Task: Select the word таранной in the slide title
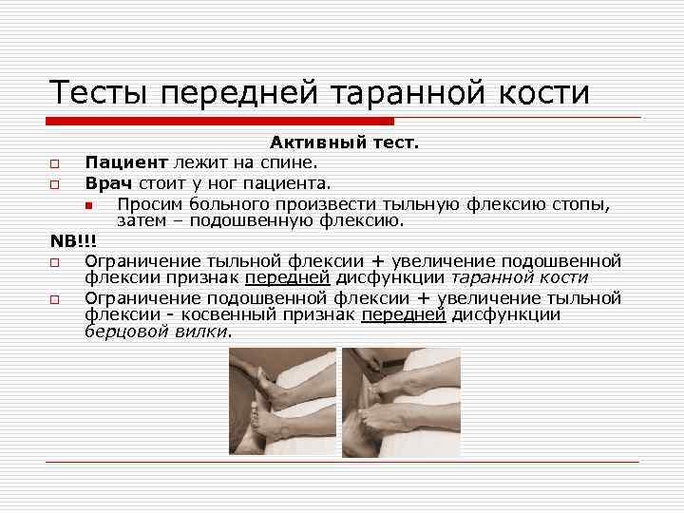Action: coord(398,93)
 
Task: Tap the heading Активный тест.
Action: coord(344,142)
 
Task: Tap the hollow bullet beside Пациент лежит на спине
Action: coord(55,163)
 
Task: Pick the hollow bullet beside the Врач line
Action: coord(55,184)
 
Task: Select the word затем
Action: coord(142,221)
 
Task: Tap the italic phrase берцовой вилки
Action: coord(157,332)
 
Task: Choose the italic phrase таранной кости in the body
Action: coord(519,277)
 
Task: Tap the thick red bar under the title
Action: coord(220,122)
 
